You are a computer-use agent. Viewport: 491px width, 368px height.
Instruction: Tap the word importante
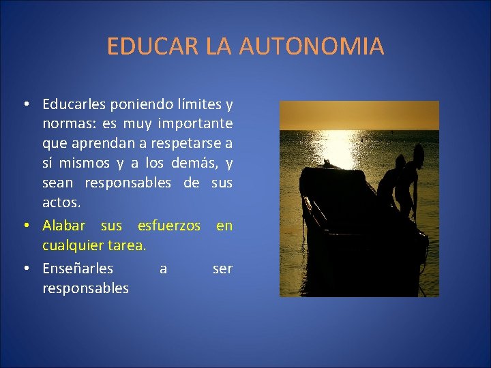[195, 125]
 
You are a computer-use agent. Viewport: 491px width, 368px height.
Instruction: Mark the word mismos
[89, 164]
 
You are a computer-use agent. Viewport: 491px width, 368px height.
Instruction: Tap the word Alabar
[64, 225]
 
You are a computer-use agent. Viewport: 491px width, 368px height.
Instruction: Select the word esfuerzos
[169, 225]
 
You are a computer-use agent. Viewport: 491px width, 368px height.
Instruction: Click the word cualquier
[71, 245]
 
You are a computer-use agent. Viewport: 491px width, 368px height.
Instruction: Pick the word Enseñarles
[78, 269]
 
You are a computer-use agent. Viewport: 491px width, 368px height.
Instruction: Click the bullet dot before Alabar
[25, 226]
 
